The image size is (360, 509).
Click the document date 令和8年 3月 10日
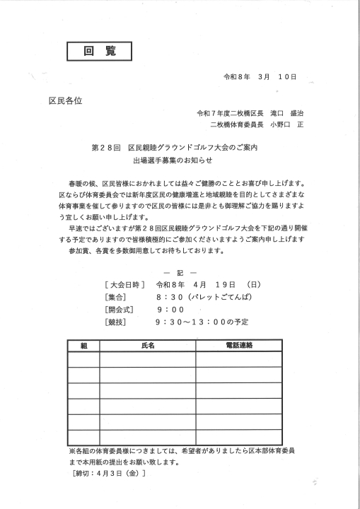[260, 76]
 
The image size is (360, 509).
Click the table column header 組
[83, 346]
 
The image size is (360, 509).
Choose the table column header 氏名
[147, 346]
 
